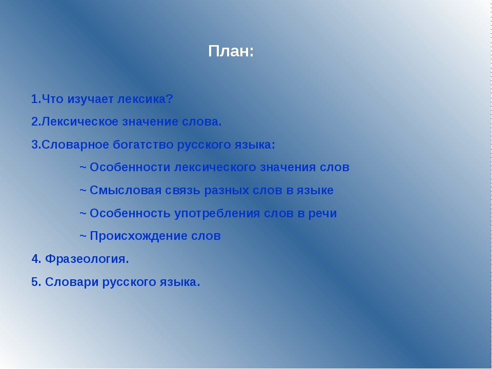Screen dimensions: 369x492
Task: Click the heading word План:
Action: pyautogui.click(x=231, y=51)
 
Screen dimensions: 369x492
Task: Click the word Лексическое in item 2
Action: pyautogui.click(x=80, y=122)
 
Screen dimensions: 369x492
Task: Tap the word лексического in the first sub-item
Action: pyautogui.click(x=215, y=168)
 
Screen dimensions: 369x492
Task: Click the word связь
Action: pyautogui.click(x=182, y=191)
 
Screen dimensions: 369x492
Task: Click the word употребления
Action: pyautogui.click(x=217, y=213)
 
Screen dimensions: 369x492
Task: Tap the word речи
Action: pyautogui.click(x=322, y=213)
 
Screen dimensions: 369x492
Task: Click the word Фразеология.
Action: pyautogui.click(x=87, y=259)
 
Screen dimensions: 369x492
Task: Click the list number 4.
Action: pyautogui.click(x=35, y=259)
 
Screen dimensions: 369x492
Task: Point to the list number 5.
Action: pyautogui.click(x=35, y=282)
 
